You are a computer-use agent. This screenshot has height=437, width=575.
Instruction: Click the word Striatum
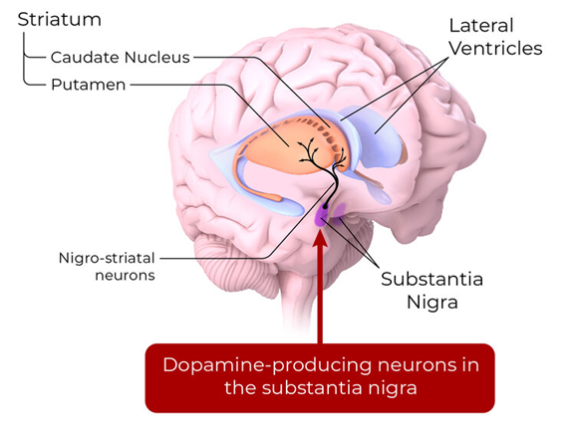60,20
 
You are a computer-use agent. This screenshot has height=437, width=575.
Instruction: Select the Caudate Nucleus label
121,57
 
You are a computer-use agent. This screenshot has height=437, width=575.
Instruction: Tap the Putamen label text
89,85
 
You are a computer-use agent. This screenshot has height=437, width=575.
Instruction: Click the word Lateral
481,26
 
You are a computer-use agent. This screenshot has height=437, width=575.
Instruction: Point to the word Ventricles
496,49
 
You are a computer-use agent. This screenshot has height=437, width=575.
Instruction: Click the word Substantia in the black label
431,279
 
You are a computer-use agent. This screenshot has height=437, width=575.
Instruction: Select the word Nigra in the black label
432,303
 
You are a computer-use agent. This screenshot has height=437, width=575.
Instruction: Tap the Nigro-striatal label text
107,258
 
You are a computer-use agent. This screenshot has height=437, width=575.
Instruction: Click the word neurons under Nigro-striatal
125,275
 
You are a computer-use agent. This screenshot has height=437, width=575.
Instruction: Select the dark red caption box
320,377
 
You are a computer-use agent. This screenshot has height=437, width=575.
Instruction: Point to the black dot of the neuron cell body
325,207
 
